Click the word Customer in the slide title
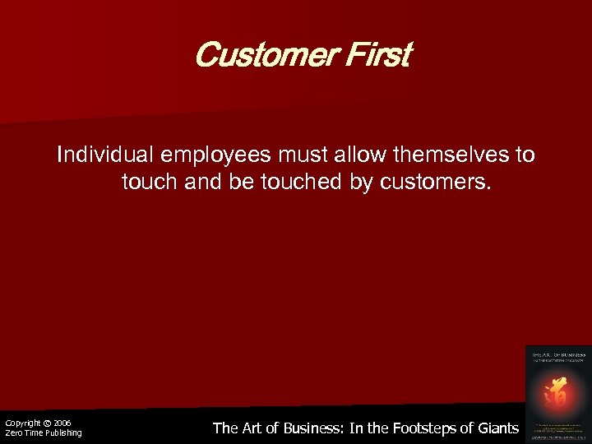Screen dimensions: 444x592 (x=251, y=57)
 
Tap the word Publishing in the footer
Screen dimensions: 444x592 (x=60, y=433)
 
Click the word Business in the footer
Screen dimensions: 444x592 (x=316, y=428)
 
